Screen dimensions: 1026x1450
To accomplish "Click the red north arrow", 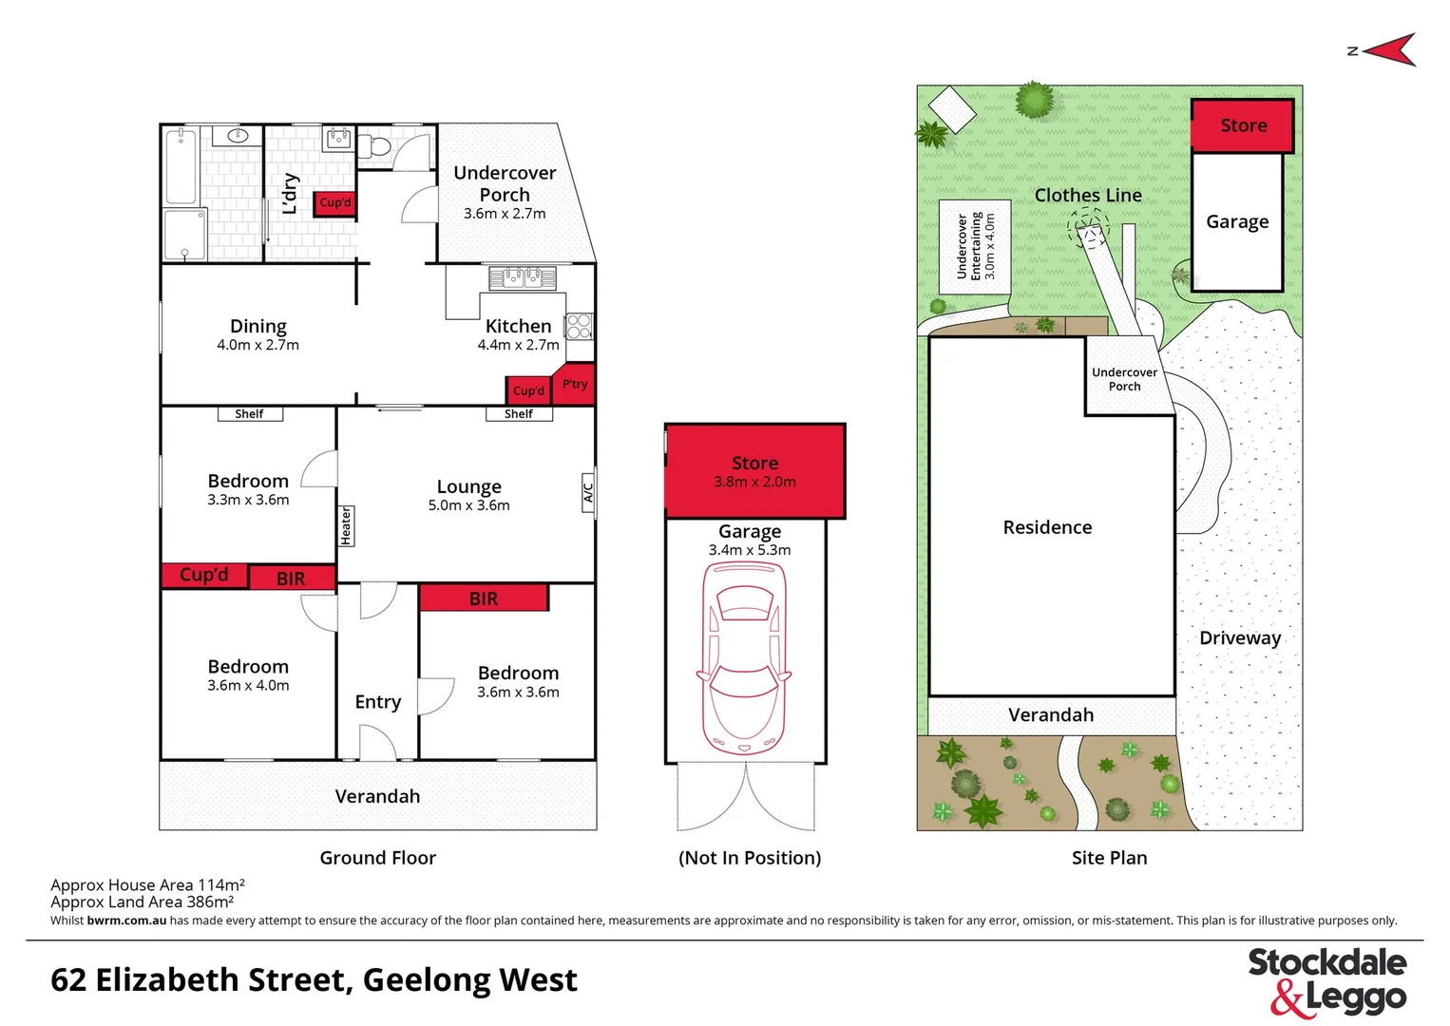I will (1390, 49).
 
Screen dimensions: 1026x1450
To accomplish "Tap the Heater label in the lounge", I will (346, 525).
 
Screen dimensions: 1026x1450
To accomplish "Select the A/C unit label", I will (588, 492).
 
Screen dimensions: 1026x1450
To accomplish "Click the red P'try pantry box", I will (575, 384).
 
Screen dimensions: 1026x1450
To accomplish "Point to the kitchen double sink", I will (522, 277).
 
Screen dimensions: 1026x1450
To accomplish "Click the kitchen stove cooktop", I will (579, 327).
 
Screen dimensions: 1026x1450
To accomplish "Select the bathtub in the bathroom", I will (181, 167).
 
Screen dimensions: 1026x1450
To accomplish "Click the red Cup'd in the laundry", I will (334, 202).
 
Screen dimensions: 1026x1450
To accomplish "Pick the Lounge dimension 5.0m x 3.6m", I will (468, 505).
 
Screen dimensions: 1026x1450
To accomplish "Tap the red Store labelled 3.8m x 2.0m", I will (755, 471).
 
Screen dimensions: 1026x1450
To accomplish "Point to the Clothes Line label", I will (1088, 196).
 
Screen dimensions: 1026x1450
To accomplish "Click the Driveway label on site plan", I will (1240, 638).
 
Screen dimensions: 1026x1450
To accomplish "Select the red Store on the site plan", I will (1243, 125).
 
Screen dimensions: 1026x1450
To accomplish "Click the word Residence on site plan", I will (1047, 527).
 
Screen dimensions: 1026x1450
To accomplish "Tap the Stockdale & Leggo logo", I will (1326, 981).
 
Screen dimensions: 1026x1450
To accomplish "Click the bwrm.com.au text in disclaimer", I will (126, 921).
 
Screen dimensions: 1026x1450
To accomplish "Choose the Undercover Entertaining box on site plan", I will (975, 246).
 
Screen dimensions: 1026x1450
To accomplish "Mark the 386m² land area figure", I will (210, 902).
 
